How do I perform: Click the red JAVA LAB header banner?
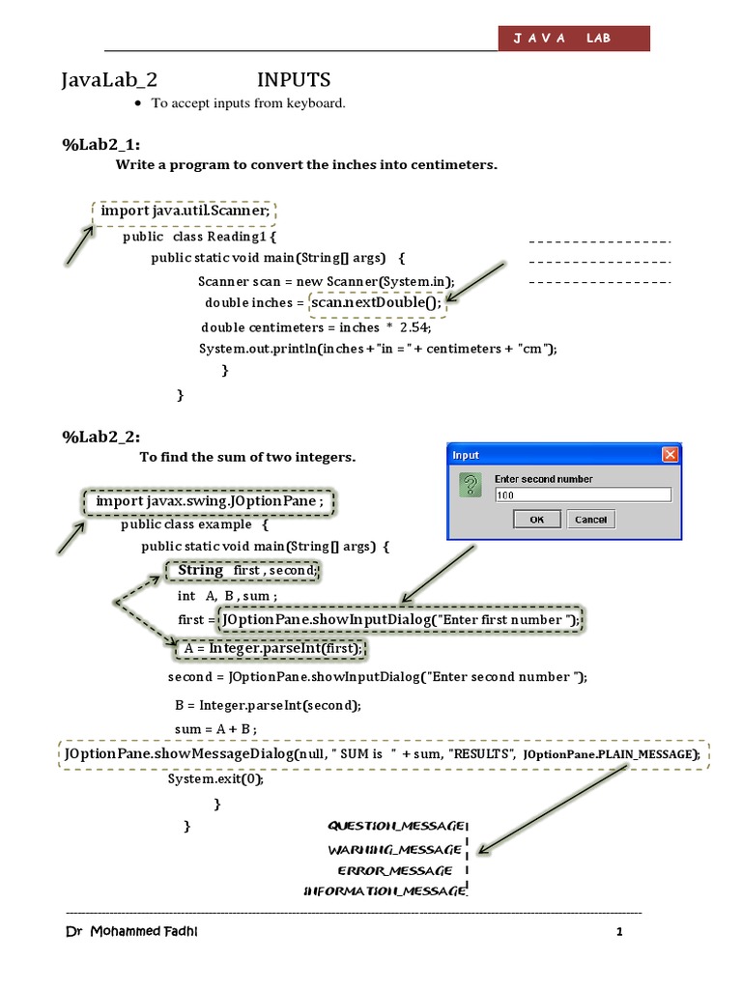point(573,38)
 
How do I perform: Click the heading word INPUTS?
point(294,80)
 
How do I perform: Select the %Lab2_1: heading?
point(95,145)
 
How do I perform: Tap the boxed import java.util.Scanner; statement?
point(185,211)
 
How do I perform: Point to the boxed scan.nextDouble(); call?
point(375,303)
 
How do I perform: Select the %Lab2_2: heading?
point(95,438)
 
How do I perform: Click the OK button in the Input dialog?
point(537,519)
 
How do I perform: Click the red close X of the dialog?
point(670,455)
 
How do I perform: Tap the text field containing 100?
point(582,494)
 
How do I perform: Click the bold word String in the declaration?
point(201,571)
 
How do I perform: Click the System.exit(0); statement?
point(215,778)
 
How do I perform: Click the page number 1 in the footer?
point(619,933)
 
